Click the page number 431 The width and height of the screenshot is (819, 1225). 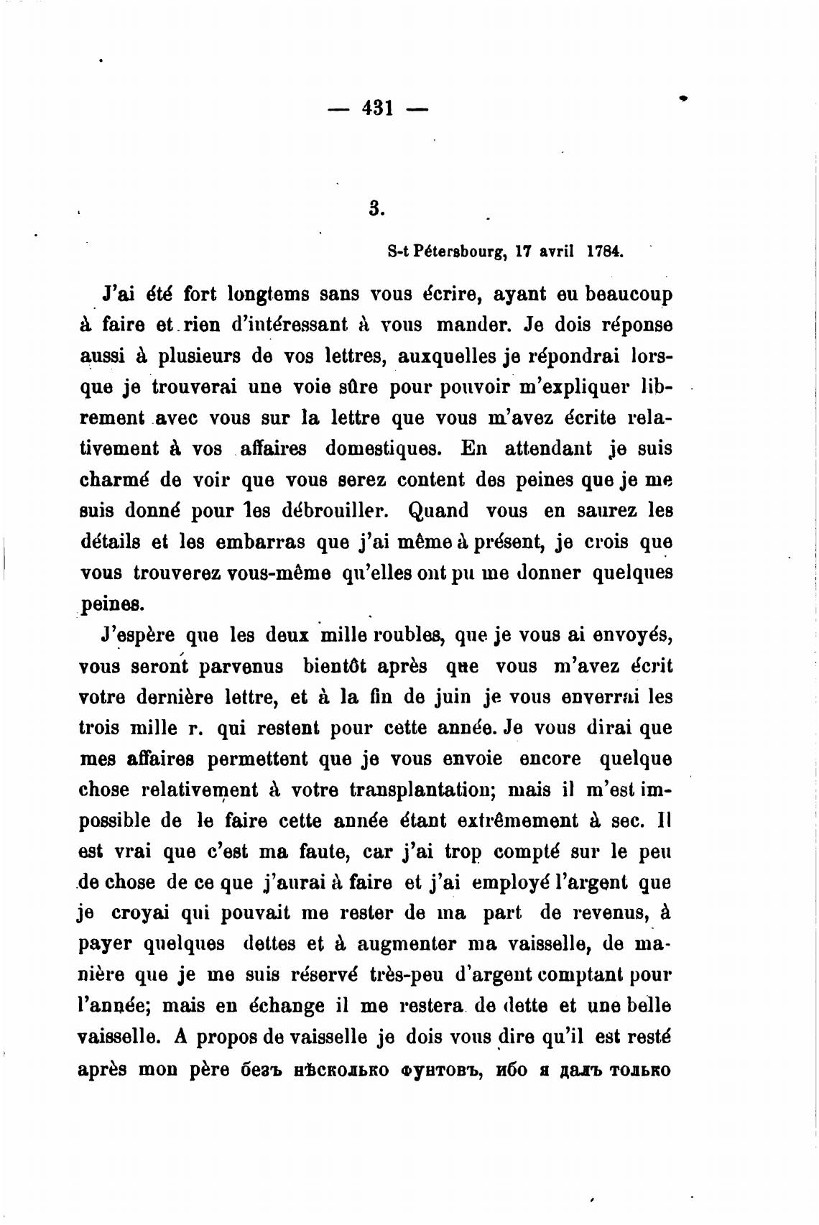tap(377, 108)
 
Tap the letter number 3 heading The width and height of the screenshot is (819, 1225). tap(374, 208)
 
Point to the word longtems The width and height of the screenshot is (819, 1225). tap(268, 295)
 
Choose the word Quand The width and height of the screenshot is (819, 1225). tap(438, 511)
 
